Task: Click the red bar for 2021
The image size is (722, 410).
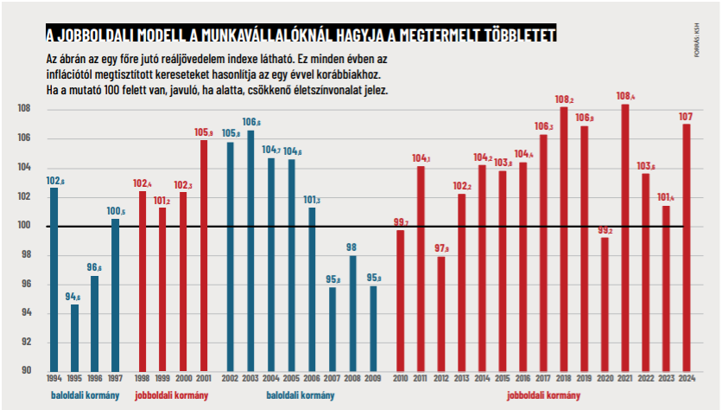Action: [624, 238]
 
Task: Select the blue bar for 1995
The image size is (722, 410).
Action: [74, 337]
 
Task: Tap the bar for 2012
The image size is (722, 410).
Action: [441, 314]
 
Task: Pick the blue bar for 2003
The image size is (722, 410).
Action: [250, 251]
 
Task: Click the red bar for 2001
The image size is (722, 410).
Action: [204, 255]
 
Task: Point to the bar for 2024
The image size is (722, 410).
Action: [687, 247]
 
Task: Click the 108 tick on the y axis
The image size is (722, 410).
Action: [23, 109]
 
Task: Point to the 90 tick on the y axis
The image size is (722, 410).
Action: [25, 371]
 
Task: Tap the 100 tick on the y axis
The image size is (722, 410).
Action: [23, 226]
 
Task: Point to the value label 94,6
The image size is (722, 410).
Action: [74, 297]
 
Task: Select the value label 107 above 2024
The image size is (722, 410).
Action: [687, 117]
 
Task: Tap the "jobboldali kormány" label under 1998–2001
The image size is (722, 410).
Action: [172, 396]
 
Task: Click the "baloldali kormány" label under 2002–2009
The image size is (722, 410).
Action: [300, 396]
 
